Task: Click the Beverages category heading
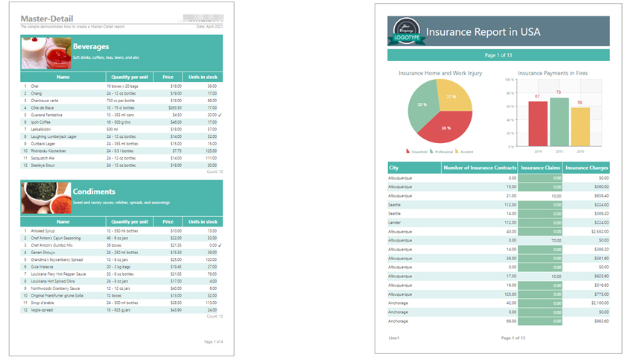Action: tap(91, 46)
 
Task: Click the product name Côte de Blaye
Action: tap(43, 108)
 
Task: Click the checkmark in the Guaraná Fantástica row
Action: tap(220, 116)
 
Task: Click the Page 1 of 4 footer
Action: tap(214, 341)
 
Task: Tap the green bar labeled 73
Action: tap(559, 122)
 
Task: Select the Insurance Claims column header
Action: tap(540, 168)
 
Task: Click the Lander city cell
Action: tap(396, 222)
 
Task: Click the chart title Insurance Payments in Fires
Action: tap(553, 73)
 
